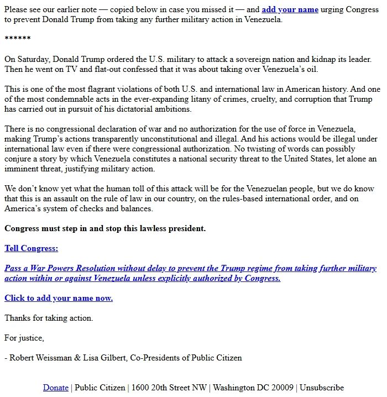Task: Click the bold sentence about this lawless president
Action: (x=105, y=228)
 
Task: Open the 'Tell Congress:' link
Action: (x=31, y=248)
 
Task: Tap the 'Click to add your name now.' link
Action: (x=59, y=298)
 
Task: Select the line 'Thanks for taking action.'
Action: (x=49, y=318)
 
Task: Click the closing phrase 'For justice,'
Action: (x=24, y=338)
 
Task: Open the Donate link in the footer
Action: (x=56, y=388)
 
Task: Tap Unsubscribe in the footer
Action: (x=322, y=388)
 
